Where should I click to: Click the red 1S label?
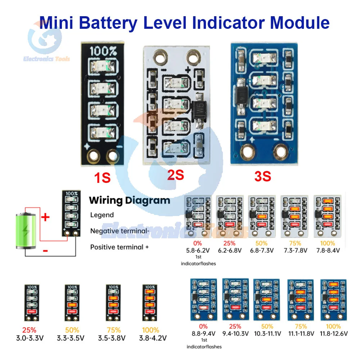point(103,177)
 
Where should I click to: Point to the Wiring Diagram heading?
point(129,200)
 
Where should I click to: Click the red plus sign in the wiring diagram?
point(46,217)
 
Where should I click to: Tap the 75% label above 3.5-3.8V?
point(113,330)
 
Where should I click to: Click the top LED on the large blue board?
point(262,58)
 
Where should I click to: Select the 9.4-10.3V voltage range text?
point(235,333)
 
